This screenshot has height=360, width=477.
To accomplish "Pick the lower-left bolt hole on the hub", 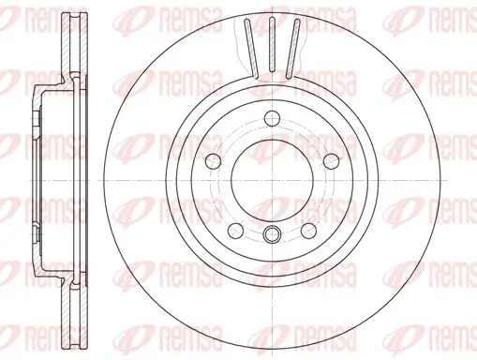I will (233, 229).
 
